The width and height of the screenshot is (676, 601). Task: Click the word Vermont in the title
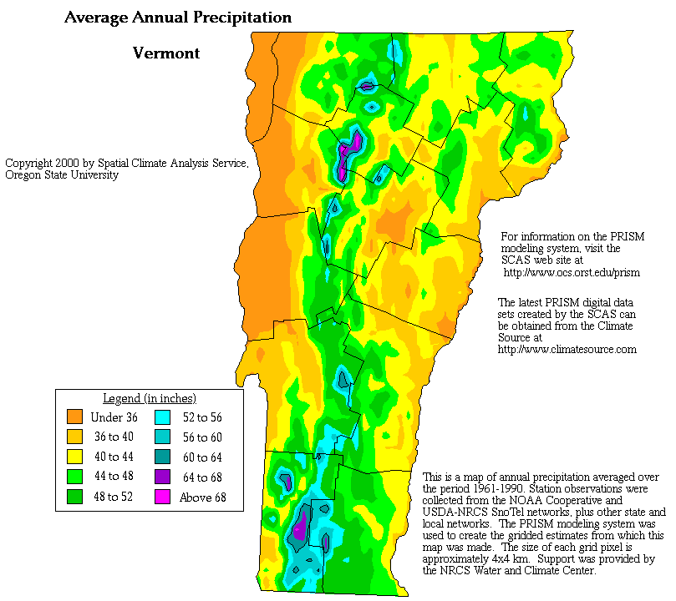(x=166, y=53)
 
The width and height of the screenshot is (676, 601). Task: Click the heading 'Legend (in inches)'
(x=149, y=398)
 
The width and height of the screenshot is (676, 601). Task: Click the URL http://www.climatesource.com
(x=567, y=349)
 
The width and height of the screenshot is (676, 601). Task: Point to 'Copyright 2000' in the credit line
(x=43, y=163)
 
